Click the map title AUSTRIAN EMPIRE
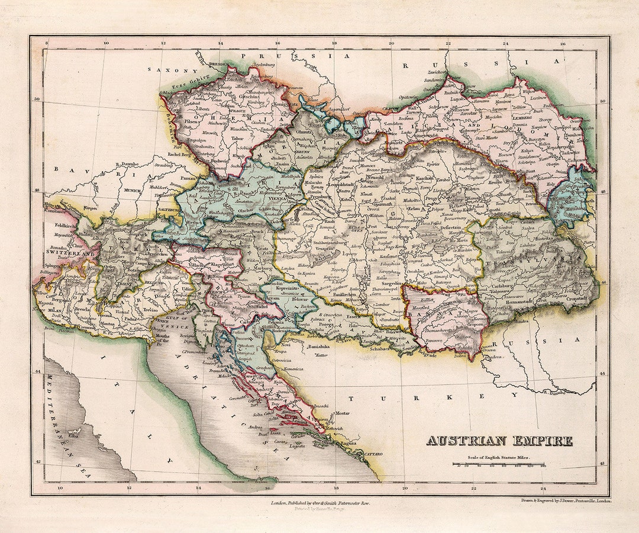(499, 441)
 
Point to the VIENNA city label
(277, 200)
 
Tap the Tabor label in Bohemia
(237, 139)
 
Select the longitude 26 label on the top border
(562, 43)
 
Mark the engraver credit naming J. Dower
(566, 501)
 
